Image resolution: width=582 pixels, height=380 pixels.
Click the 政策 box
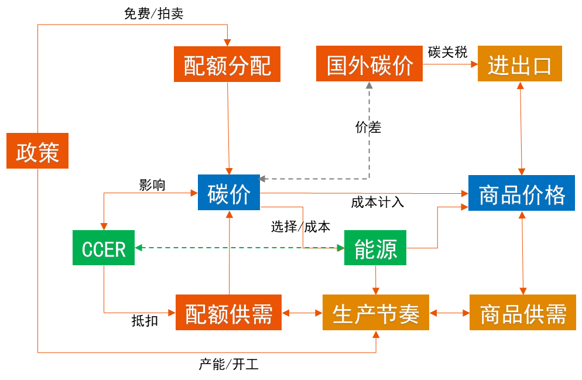point(37,151)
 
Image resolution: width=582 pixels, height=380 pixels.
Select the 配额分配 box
point(227,64)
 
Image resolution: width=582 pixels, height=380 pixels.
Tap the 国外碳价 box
point(369,64)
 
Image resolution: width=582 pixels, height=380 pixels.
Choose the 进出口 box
point(519,64)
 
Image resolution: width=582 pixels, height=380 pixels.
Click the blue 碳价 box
point(228,192)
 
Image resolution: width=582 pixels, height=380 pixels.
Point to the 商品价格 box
point(522,193)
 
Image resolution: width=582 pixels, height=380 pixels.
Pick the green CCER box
point(104,248)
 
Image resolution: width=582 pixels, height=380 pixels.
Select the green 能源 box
point(375,248)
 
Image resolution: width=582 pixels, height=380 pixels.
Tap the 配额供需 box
point(228,313)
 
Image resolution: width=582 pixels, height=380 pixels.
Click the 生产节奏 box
point(375,313)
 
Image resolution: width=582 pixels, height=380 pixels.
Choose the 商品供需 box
point(522,313)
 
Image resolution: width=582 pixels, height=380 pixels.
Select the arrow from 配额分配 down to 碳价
point(228,129)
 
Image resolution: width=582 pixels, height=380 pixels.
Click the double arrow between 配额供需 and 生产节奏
point(302,313)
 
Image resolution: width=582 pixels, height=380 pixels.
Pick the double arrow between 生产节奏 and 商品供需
point(449,313)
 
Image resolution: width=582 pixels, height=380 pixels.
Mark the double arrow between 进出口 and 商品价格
point(521,129)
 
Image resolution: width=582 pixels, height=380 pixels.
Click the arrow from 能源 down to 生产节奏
point(376,280)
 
